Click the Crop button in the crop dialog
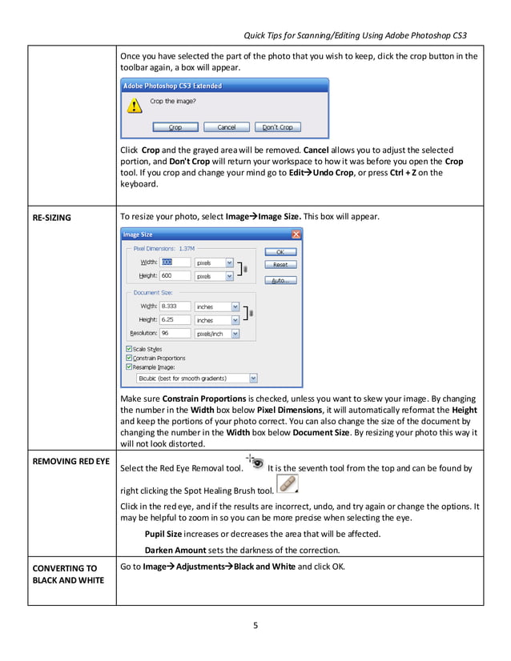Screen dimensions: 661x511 pyautogui.click(x=175, y=127)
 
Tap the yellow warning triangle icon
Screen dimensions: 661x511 pyautogui.click(x=129, y=106)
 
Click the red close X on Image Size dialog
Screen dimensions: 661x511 pyautogui.click(x=296, y=234)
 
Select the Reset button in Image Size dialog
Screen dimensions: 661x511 pyautogui.click(x=280, y=264)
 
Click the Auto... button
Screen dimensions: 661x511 pyautogui.click(x=280, y=280)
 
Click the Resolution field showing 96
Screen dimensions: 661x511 pyautogui.click(x=175, y=333)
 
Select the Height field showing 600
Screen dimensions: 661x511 pyautogui.click(x=175, y=275)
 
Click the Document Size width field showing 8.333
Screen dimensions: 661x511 pyautogui.click(x=175, y=306)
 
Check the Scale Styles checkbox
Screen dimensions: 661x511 pyautogui.click(x=130, y=349)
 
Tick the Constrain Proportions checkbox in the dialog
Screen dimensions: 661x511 pyautogui.click(x=130, y=358)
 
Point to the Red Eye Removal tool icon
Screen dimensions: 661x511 pyautogui.click(x=255, y=463)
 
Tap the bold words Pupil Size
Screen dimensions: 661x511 pyautogui.click(x=166, y=534)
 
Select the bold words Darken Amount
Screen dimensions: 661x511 pyautogui.click(x=175, y=550)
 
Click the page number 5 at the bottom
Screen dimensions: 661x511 pyautogui.click(x=255, y=626)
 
